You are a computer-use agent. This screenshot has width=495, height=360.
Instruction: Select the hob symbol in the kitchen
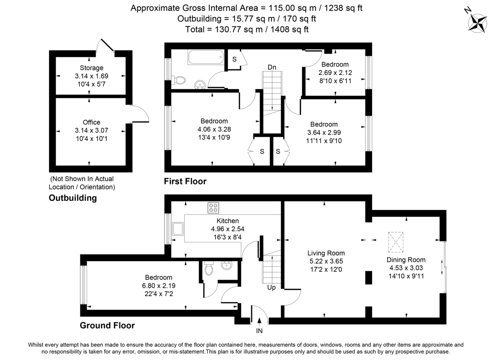click(x=213, y=207)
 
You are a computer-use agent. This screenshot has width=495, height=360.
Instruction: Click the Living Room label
click(x=326, y=253)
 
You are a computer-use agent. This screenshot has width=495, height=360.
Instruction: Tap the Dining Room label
click(x=405, y=260)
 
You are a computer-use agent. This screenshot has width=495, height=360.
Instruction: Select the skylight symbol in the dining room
click(x=396, y=242)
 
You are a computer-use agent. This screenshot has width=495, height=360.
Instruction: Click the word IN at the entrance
click(x=259, y=330)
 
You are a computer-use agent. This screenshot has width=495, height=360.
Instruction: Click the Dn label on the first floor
click(x=271, y=67)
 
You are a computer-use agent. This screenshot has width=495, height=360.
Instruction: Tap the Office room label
click(x=91, y=122)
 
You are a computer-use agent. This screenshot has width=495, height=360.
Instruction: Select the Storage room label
click(x=92, y=68)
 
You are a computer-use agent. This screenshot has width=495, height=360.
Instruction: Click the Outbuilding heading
click(x=73, y=198)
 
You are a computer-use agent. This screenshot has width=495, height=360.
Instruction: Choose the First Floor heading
click(x=185, y=181)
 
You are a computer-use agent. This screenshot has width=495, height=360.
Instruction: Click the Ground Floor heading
click(x=107, y=325)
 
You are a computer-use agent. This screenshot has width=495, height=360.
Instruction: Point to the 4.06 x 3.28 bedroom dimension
click(x=214, y=129)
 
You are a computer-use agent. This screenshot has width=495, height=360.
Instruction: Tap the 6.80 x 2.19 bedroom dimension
click(x=158, y=285)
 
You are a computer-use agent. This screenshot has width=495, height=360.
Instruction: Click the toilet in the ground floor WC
click(x=209, y=269)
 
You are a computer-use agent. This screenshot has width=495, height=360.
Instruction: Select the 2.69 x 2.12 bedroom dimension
click(x=335, y=72)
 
